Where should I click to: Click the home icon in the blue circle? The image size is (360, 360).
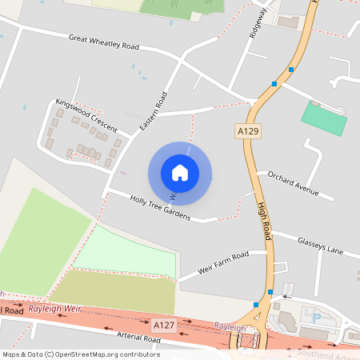click(x=180, y=172)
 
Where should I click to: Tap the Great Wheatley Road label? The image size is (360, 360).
click(x=103, y=42)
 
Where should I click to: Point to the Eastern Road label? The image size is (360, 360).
click(x=152, y=112)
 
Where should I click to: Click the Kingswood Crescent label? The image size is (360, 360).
click(x=86, y=116)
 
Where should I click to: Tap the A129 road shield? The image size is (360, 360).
click(x=246, y=129)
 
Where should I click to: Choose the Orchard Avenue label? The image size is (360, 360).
click(x=294, y=183)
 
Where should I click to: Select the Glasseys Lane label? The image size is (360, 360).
click(x=320, y=245)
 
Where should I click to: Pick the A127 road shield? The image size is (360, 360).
click(x=163, y=324)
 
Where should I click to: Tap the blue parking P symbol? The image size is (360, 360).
click(x=315, y=317)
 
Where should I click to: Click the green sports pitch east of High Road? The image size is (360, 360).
click(x=324, y=118)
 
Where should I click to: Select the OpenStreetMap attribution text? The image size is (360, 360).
click(x=80, y=354)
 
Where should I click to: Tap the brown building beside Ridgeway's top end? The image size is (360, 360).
click(x=286, y=21)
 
